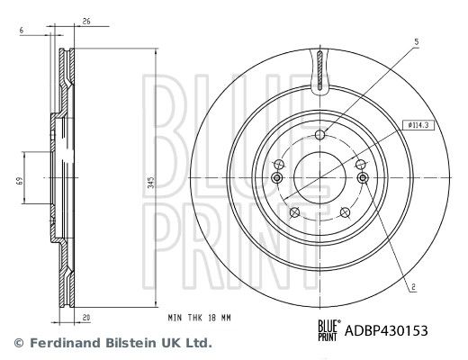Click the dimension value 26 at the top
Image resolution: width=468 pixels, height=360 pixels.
coord(86,22)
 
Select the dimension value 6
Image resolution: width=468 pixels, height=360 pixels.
coord(22,31)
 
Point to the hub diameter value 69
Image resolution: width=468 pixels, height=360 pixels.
coord(20,181)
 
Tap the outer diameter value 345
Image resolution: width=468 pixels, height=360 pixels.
coord(152,182)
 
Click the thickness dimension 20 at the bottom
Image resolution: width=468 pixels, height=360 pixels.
coord(86,318)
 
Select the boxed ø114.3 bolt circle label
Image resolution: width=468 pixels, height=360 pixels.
coord(418,125)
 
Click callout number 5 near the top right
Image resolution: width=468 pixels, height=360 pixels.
coord(417,42)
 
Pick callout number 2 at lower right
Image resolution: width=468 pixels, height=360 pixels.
coord(414,287)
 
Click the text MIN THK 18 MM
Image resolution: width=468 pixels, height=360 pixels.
coord(199,318)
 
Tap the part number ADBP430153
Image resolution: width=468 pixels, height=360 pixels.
coord(386,331)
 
